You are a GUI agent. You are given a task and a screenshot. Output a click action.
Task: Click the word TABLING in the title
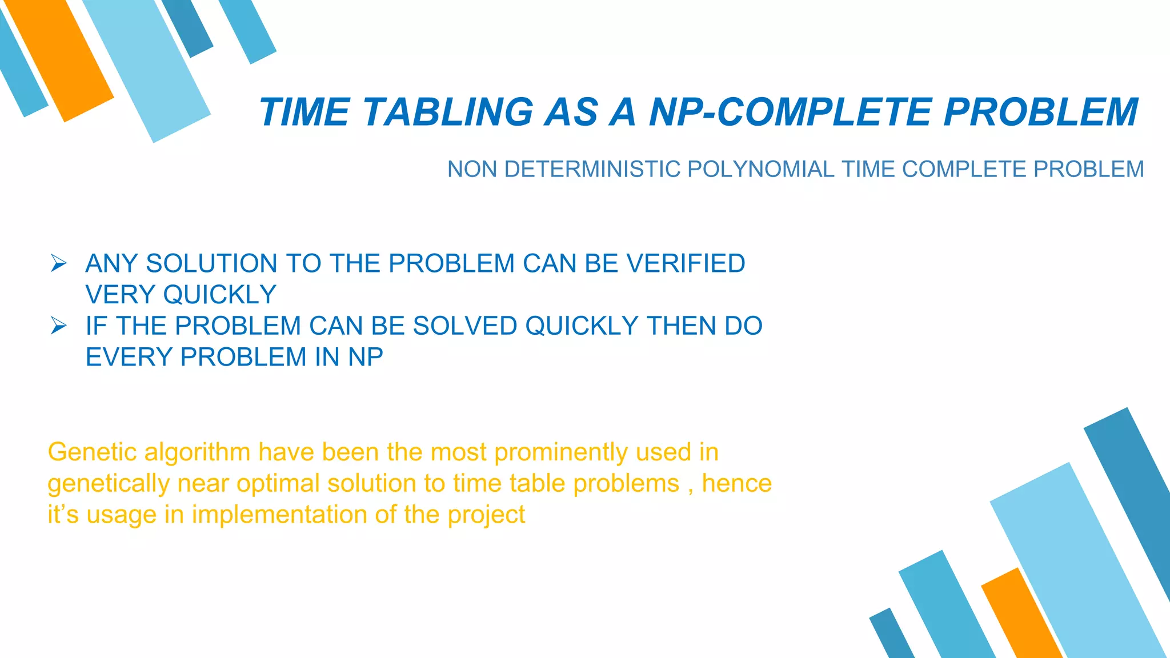(448, 112)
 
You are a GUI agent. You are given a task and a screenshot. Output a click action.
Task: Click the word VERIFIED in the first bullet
(686, 264)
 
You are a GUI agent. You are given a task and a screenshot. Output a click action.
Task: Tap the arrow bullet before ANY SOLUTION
(58, 263)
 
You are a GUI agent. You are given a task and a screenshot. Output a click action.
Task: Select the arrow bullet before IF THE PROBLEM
(58, 326)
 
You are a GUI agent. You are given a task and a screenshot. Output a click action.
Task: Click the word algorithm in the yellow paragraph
(197, 452)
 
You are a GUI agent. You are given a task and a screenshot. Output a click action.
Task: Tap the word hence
(736, 484)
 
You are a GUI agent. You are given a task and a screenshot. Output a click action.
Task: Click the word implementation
(279, 515)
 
